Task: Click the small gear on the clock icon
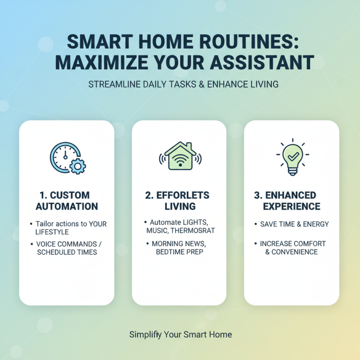(x=78, y=167)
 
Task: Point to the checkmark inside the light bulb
(x=292, y=155)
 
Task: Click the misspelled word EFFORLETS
(x=185, y=195)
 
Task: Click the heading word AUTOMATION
(x=67, y=207)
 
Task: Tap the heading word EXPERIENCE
(x=292, y=207)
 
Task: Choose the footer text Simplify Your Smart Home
(x=180, y=334)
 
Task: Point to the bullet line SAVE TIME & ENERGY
(x=294, y=224)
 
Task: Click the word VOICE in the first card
(x=46, y=244)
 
